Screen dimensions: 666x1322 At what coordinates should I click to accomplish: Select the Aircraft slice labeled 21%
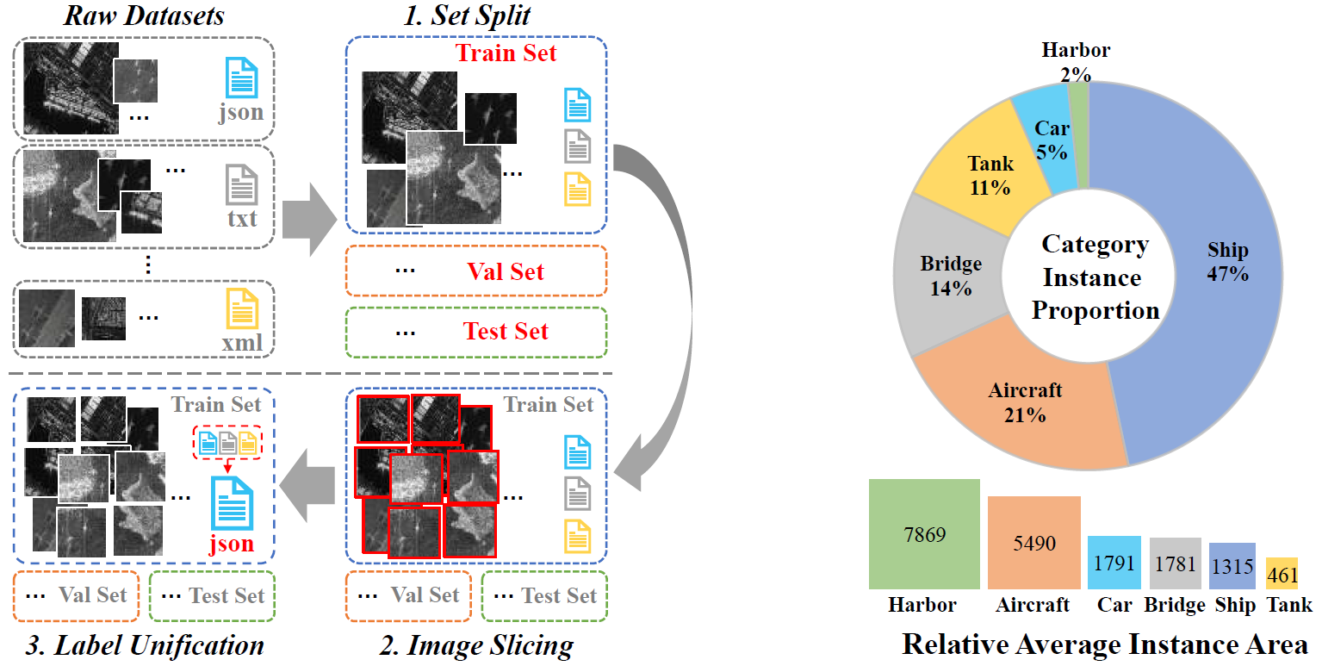(1025, 405)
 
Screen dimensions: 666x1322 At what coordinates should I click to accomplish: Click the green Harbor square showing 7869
(925, 534)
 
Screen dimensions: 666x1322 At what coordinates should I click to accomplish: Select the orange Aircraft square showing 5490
(1033, 543)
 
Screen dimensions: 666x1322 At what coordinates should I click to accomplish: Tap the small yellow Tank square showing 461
(1282, 572)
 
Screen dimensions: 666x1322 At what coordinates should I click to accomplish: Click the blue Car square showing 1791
(1114, 563)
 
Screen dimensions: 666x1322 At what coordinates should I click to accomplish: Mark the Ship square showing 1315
(1232, 566)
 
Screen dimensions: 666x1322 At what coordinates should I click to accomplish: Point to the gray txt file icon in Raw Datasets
(242, 184)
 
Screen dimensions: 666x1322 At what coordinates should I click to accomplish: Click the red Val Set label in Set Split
(506, 272)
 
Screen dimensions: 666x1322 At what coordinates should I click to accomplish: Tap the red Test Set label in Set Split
(506, 332)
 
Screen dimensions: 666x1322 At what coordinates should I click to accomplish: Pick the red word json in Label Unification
(232, 544)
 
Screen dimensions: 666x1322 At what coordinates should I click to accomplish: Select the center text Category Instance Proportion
(1095, 277)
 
